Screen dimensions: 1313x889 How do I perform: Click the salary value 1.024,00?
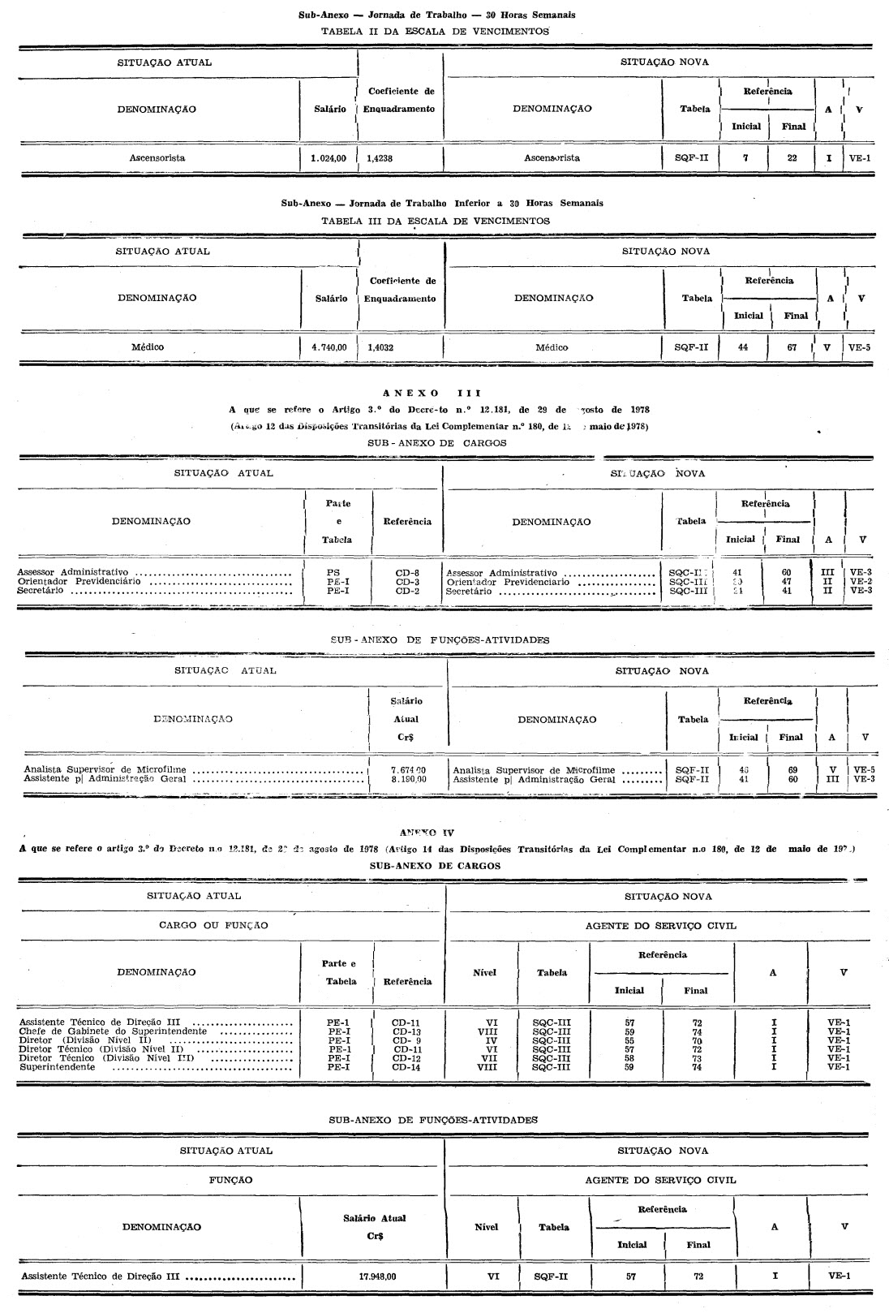329,158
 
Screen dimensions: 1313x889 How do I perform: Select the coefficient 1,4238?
380,159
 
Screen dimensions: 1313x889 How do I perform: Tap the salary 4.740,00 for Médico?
329,347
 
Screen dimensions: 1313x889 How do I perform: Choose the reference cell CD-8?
407,573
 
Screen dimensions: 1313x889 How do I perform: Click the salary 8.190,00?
408,779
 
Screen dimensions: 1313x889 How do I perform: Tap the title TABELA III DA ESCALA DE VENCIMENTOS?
436,221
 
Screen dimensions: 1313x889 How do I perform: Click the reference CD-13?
406,1031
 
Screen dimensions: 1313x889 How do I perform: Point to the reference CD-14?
406,1067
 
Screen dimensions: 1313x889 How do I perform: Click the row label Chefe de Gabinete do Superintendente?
113,1031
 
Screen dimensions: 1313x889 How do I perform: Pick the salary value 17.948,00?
377,1276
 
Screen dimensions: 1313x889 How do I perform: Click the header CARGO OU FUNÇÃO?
213,925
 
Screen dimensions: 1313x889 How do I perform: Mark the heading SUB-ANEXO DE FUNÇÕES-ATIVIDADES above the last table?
433,1120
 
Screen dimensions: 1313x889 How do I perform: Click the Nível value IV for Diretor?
491,1040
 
